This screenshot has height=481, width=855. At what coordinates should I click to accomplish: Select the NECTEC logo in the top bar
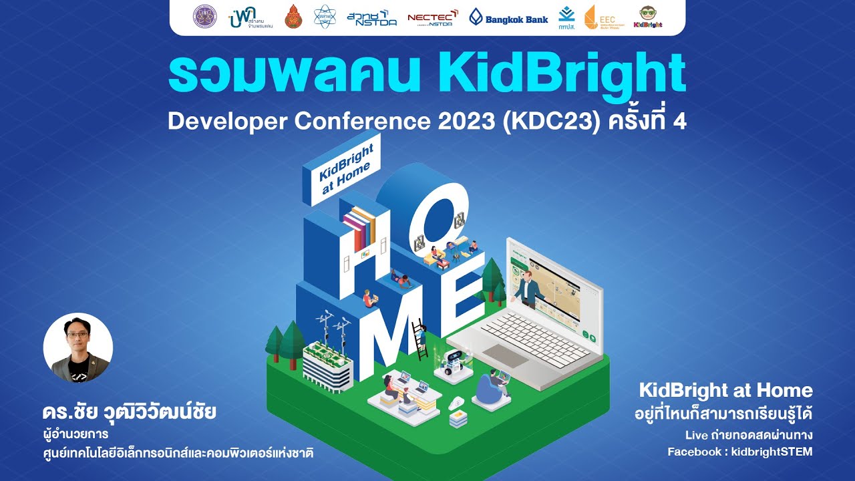[x=432, y=17]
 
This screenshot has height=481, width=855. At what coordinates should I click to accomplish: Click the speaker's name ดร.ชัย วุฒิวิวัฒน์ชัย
[x=129, y=411]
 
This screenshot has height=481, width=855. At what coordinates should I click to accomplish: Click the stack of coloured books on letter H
[x=359, y=227]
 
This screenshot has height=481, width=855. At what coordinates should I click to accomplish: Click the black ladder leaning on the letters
[x=420, y=340]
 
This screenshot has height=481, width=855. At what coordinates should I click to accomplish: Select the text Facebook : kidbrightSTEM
[x=739, y=452]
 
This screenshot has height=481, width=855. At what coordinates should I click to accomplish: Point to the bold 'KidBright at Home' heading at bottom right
[x=725, y=390]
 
